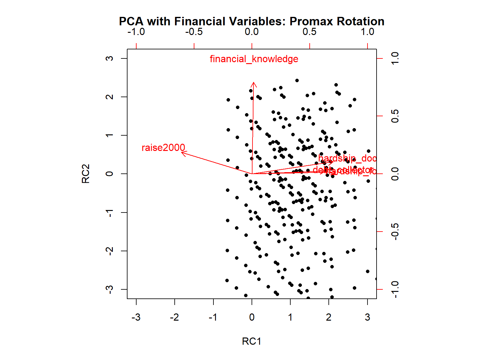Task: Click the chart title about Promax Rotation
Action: [252, 21]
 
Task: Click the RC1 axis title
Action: [252, 341]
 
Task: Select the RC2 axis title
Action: [86, 173]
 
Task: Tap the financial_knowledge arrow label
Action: [254, 59]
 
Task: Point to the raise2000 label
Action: [163, 147]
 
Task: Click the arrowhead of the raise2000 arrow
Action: [182, 152]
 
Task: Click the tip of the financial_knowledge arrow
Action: [253, 82]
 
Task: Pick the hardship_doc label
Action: [347, 158]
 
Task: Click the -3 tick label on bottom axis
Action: [136, 317]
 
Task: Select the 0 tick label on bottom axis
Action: [252, 317]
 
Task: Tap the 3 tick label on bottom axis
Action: [367, 317]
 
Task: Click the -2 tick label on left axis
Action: [109, 251]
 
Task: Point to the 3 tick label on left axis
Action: [109, 58]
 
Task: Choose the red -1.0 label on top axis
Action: [136, 32]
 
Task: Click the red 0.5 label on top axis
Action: [309, 32]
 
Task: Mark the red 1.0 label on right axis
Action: [395, 58]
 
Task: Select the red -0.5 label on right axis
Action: [395, 232]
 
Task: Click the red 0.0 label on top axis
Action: [252, 32]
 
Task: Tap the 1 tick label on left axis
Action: [109, 135]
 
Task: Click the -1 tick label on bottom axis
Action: [213, 317]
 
